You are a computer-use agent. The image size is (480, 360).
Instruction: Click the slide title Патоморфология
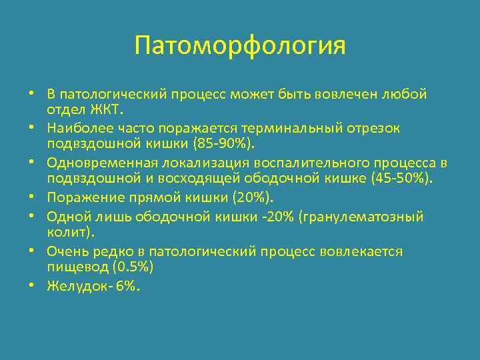click(239, 46)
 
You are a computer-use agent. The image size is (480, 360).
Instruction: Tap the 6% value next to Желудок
click(127, 285)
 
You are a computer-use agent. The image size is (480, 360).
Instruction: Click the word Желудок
click(75, 285)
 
